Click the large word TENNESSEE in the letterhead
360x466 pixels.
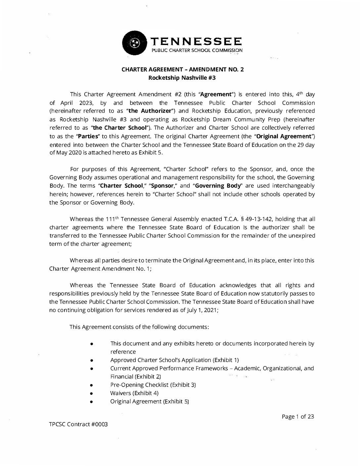(x=197, y=41)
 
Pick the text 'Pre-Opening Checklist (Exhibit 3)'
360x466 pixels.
(x=153, y=385)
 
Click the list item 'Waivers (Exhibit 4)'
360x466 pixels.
(x=134, y=393)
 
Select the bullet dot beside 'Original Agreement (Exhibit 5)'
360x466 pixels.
(x=91, y=402)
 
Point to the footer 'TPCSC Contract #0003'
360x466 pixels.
(x=78, y=424)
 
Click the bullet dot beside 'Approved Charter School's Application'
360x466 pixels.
(x=91, y=360)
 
